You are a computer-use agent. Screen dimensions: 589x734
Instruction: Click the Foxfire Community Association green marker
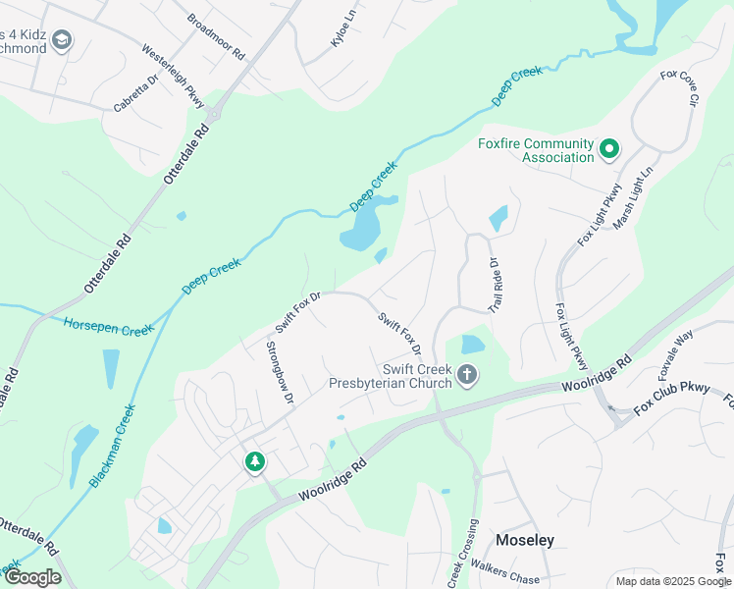[609, 149]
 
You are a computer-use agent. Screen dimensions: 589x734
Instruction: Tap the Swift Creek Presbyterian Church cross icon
[467, 374]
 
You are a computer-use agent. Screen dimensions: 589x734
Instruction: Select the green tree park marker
[255, 460]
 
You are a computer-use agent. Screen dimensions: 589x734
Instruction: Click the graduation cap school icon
[62, 40]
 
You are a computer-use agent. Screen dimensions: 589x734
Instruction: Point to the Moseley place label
[525, 540]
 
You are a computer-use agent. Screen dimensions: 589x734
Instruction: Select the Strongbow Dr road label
[280, 371]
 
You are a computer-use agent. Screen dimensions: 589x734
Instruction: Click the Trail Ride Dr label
[494, 284]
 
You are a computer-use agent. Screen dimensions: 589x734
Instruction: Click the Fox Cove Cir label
[679, 88]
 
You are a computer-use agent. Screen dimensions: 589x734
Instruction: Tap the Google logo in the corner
[32, 577]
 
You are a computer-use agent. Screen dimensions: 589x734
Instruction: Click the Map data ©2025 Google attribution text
[673, 581]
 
